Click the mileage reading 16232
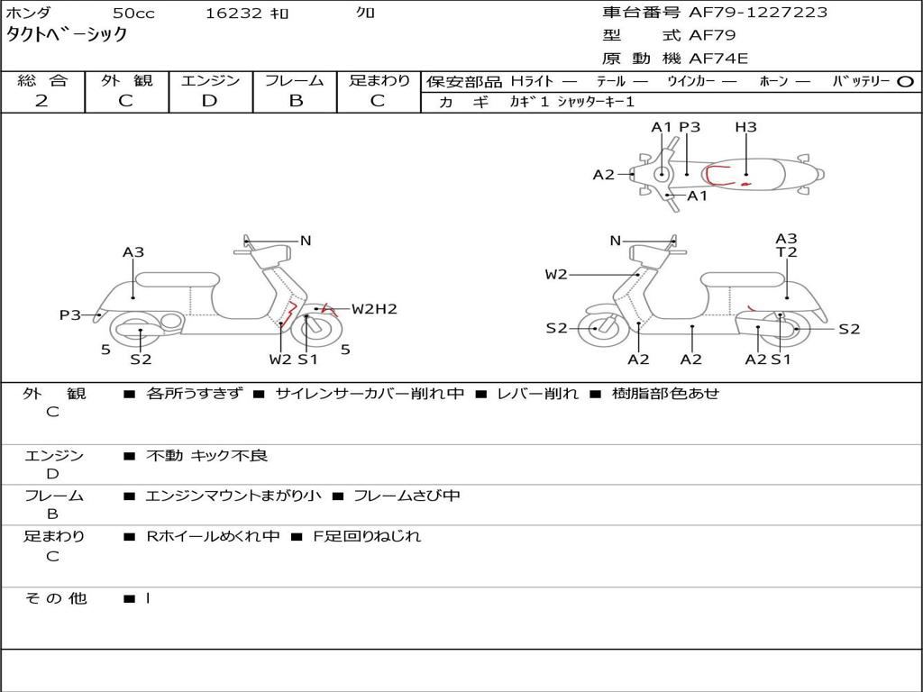tap(233, 14)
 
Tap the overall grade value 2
tap(41, 101)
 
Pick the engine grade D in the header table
tap(210, 101)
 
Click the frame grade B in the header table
tap(295, 101)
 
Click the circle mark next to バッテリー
tap(905, 81)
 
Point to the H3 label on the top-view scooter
tap(745, 127)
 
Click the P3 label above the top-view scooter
tap(690, 127)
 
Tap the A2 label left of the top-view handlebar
tap(603, 175)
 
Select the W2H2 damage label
tap(374, 309)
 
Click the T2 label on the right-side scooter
tap(787, 252)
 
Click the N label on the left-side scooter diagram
tap(306, 241)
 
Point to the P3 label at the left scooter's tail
tap(70, 314)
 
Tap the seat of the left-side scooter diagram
tap(176, 279)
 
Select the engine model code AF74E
tap(718, 59)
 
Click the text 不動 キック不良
tap(206, 456)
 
